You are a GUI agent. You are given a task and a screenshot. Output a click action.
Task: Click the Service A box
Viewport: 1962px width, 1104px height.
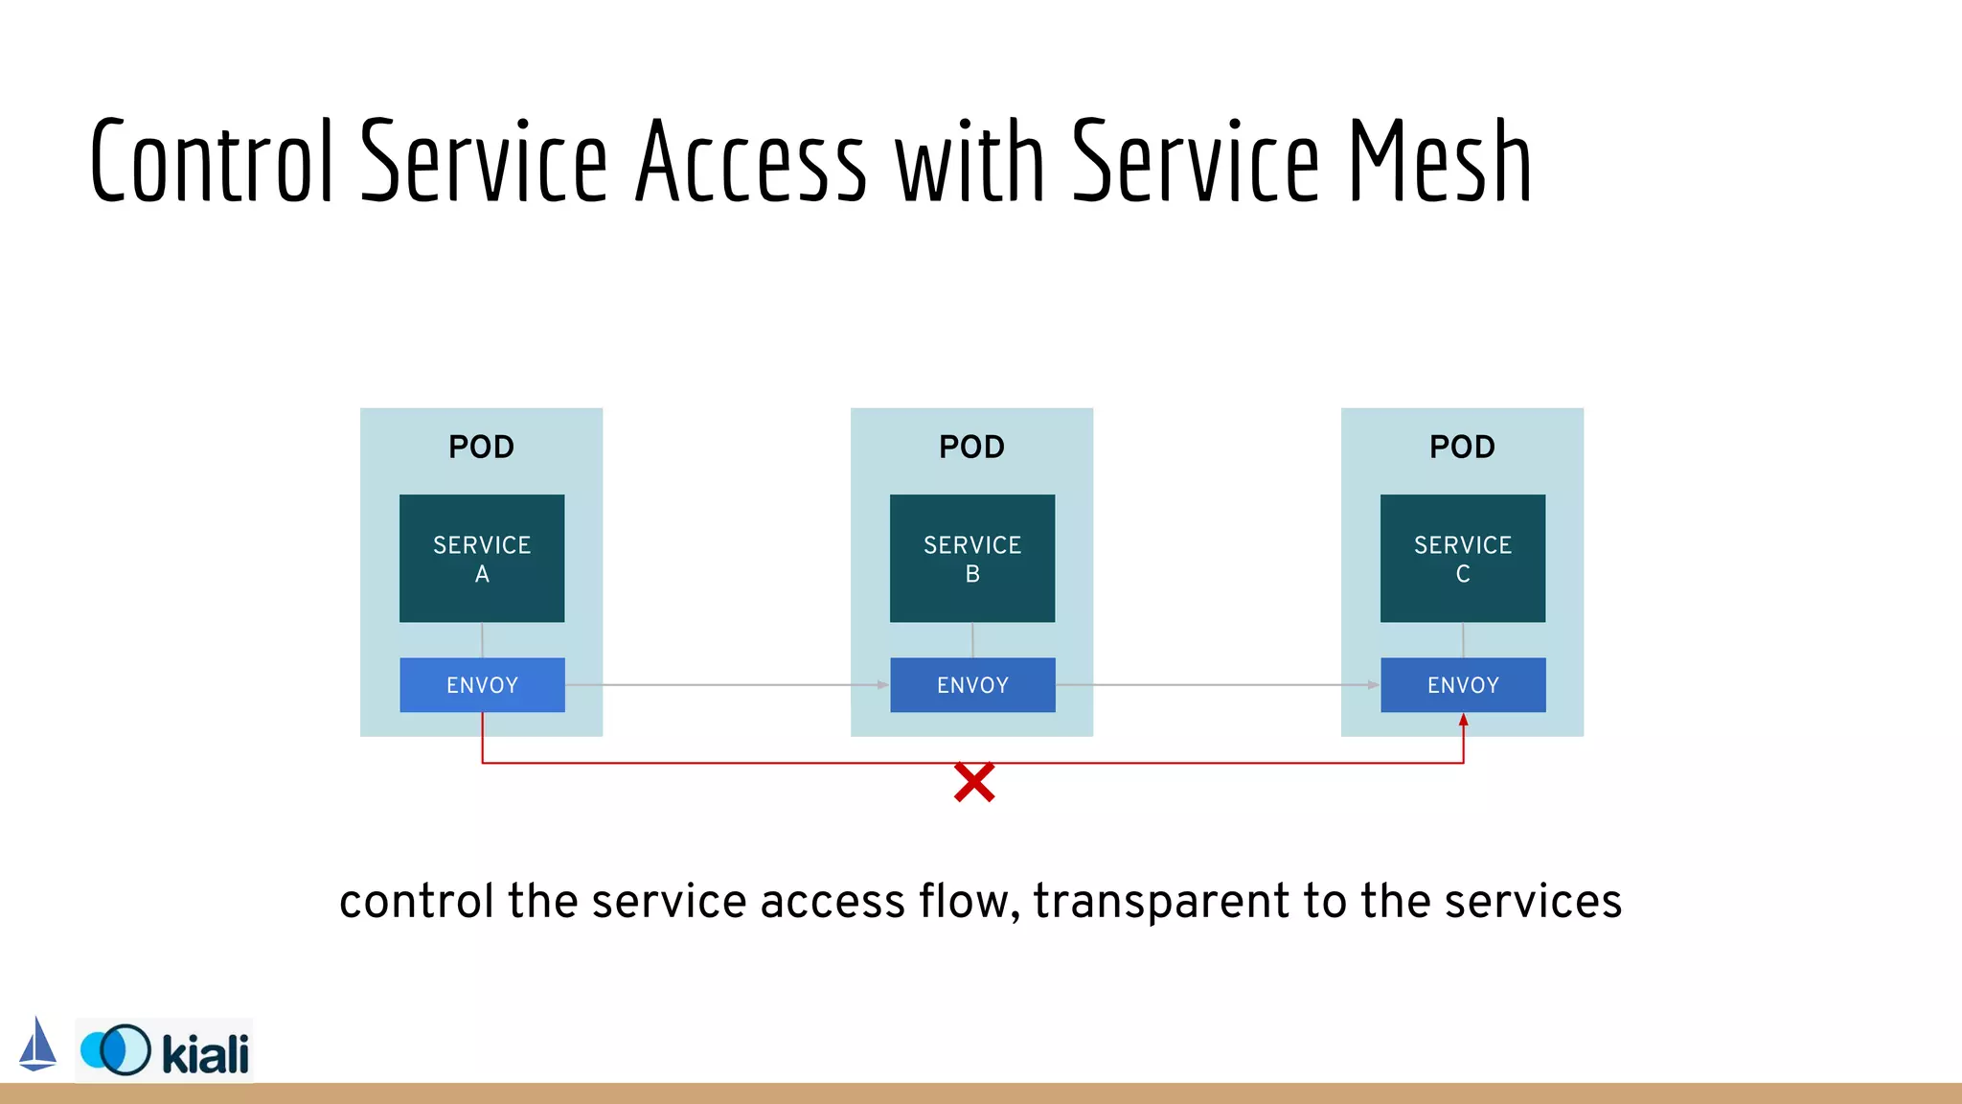[x=482, y=559]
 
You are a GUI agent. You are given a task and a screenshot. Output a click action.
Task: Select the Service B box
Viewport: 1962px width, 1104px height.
[x=972, y=559]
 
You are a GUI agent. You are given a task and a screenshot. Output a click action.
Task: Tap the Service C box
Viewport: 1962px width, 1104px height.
[x=1463, y=559]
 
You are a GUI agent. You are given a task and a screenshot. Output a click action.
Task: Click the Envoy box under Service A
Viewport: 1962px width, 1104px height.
[x=482, y=685]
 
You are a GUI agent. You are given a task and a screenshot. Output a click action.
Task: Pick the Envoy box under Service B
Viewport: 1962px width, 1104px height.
[x=972, y=685]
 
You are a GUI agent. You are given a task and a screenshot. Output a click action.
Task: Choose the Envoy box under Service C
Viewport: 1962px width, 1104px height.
[x=1463, y=685]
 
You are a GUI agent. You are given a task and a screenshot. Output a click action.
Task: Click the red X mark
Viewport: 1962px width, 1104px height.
[x=974, y=783]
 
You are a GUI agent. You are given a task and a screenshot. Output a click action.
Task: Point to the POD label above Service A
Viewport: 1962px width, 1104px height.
[x=482, y=447]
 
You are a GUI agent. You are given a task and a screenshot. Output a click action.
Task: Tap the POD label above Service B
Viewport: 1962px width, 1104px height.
[x=972, y=447]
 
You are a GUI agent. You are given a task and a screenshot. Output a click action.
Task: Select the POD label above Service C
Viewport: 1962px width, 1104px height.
[x=1463, y=447]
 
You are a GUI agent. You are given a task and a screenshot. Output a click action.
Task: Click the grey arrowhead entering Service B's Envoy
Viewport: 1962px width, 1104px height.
[x=883, y=685]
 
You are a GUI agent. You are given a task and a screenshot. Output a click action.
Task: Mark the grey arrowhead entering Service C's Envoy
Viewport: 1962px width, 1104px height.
[x=1374, y=685]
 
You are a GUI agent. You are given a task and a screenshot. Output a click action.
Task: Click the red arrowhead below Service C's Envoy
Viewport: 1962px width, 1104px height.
[x=1463, y=720]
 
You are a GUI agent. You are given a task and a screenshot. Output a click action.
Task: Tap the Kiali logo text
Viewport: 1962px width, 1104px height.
[x=205, y=1054]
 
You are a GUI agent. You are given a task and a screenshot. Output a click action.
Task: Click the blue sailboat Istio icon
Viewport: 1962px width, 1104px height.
[x=37, y=1045]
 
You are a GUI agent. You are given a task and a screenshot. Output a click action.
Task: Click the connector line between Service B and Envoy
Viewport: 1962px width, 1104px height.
[x=972, y=640]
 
